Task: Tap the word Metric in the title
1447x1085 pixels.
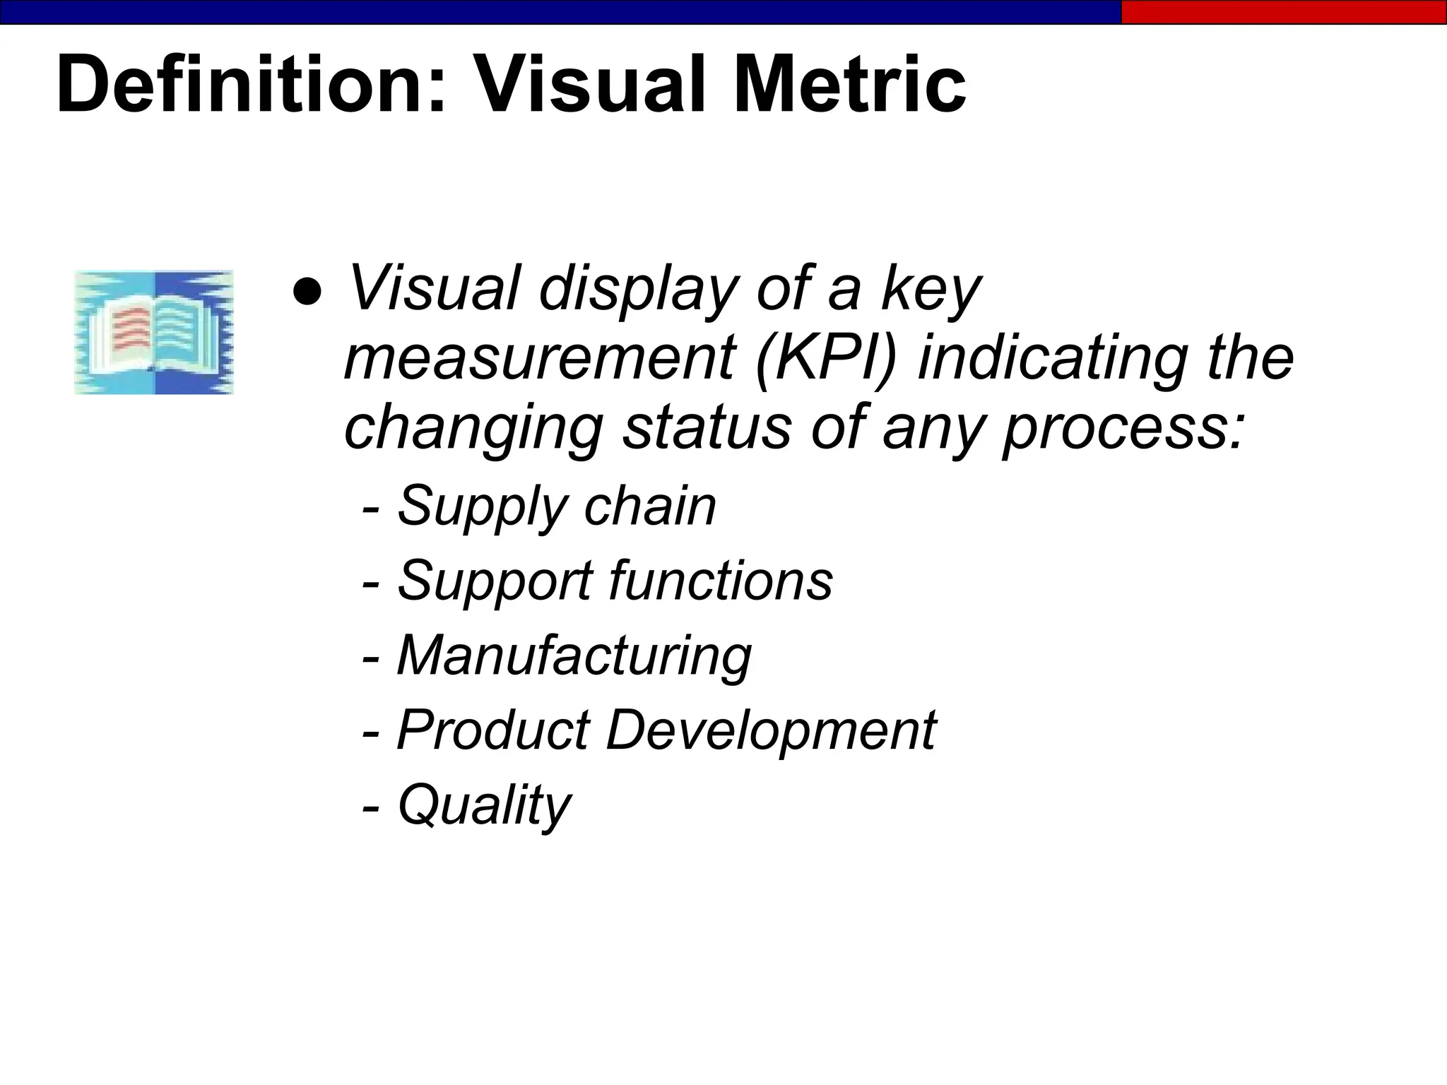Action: tap(850, 85)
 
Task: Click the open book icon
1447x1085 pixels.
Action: tap(154, 332)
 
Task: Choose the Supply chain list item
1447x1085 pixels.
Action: tap(556, 507)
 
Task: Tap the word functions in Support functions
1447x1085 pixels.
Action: tap(721, 581)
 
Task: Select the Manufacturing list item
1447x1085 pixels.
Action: tap(574, 656)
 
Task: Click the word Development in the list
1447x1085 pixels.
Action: tap(771, 730)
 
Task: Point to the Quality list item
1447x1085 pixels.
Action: tap(483, 805)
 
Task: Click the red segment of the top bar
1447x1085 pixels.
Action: tap(1284, 12)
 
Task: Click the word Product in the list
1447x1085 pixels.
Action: tap(493, 730)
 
